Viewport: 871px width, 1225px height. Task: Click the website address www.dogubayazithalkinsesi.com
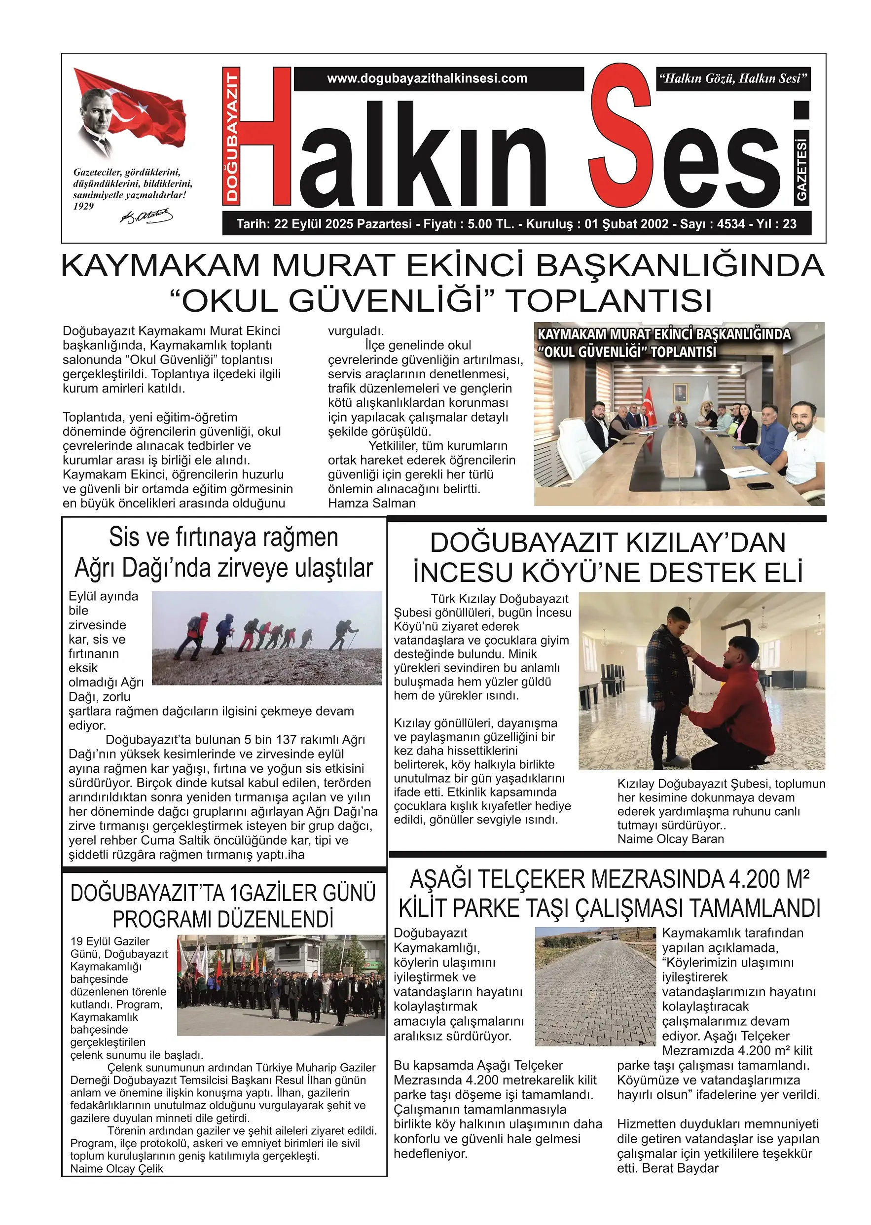(427, 78)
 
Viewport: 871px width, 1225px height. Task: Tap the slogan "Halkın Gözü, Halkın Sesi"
(732, 79)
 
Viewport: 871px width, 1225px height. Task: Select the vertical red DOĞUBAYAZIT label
(232, 137)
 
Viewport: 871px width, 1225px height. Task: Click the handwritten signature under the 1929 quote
(146, 216)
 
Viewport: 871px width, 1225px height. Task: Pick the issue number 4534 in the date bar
(731, 224)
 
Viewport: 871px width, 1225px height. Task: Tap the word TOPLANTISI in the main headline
(610, 301)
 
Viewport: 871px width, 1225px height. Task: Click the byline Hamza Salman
(372, 503)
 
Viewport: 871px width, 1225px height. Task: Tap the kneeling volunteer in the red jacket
(735, 697)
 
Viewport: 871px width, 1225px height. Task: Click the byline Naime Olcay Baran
(670, 839)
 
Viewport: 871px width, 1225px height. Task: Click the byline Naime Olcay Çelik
(117, 1169)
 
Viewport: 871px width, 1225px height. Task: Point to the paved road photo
(595, 987)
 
